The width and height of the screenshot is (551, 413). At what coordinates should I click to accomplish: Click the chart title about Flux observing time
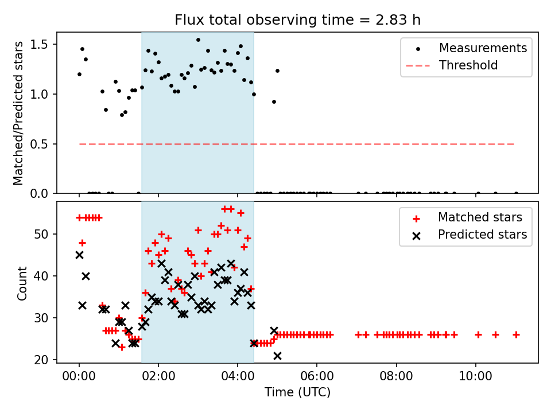(x=298, y=20)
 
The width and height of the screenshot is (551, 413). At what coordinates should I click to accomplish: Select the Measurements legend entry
(x=483, y=48)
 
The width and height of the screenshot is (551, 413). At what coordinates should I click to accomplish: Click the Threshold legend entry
(x=468, y=65)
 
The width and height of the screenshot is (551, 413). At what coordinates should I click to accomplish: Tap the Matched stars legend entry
(x=480, y=217)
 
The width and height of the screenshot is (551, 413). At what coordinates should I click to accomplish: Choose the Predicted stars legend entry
(x=482, y=235)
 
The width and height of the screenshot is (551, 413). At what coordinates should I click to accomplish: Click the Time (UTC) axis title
(x=297, y=393)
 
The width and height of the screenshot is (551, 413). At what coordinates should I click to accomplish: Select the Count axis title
(x=22, y=283)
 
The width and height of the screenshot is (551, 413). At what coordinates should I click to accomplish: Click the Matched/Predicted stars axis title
(x=19, y=113)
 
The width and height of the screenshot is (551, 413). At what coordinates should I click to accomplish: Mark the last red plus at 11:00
(x=516, y=334)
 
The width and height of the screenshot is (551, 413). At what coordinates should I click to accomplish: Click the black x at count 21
(x=277, y=356)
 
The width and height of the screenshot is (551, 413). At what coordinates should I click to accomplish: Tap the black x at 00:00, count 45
(x=79, y=255)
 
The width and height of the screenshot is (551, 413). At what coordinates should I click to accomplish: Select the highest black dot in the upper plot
(x=198, y=40)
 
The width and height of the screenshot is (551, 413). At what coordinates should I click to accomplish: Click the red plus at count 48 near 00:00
(x=82, y=243)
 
